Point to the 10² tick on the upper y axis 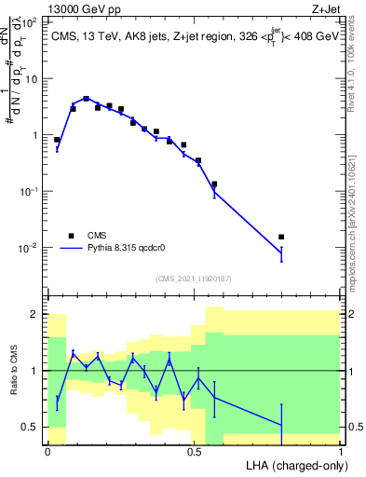coord(31,22)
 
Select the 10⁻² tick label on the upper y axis coord(31,248)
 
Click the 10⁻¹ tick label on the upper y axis coord(31,191)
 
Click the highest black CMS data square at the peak coord(86,98)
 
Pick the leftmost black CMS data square coord(57,140)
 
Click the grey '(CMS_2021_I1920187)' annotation coord(195,277)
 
